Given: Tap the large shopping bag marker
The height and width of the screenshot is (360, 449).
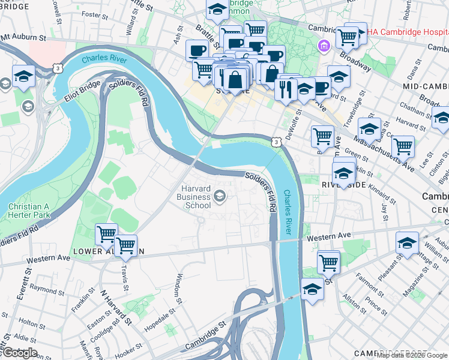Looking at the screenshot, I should (237, 79).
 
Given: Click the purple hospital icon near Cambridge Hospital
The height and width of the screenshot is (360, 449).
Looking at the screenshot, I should (324, 46).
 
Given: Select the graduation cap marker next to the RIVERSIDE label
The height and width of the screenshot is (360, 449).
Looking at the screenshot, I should (344, 173).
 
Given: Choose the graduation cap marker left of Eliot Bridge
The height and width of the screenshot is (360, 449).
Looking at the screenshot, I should (23, 76).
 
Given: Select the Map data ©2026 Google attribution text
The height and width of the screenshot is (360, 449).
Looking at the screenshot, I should (412, 355).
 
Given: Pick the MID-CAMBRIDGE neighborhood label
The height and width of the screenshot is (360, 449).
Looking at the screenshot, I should (426, 86).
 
